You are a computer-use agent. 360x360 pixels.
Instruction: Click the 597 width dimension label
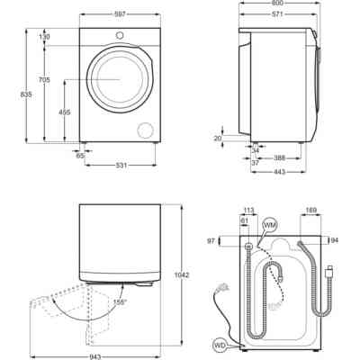[x=120, y=14]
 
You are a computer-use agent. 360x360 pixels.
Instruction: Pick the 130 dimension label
[x=45, y=37]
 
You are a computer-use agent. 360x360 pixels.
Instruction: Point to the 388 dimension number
[x=280, y=157]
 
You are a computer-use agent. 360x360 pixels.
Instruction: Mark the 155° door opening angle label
[x=120, y=301]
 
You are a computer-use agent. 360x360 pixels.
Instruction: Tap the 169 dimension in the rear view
[x=310, y=211]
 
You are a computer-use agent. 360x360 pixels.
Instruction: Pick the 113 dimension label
[x=249, y=211]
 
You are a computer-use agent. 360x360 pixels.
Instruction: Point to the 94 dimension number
[x=335, y=240]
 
